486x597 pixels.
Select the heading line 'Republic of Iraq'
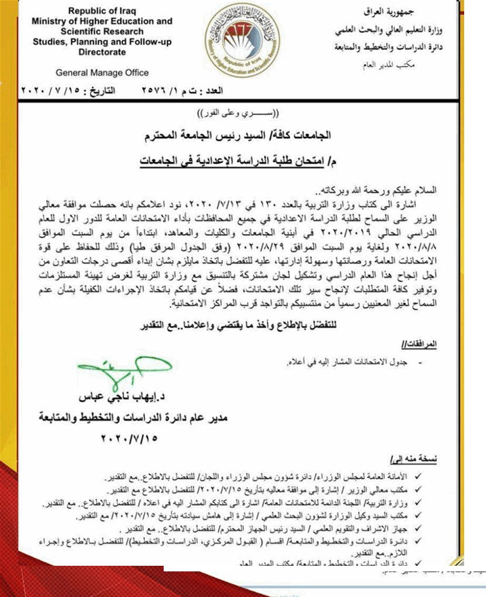tap(101, 11)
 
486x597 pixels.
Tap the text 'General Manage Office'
tap(102, 72)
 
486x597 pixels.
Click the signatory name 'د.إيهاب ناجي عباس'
tap(119, 397)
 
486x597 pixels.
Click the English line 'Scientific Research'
tap(102, 31)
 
